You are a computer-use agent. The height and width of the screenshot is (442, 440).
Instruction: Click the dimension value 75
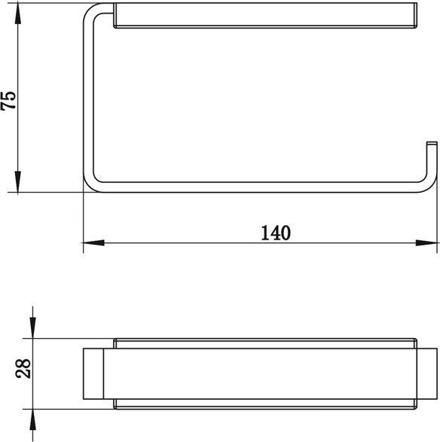click(8, 100)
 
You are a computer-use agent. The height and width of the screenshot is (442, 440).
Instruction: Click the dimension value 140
click(276, 233)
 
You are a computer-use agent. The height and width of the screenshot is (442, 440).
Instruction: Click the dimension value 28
click(23, 368)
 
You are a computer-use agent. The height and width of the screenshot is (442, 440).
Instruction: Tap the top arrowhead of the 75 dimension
click(18, 14)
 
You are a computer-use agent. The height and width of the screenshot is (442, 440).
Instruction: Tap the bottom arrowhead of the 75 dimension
click(18, 181)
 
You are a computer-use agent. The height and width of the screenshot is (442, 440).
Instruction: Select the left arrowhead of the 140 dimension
click(93, 242)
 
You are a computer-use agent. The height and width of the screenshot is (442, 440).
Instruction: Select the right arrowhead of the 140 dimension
click(426, 242)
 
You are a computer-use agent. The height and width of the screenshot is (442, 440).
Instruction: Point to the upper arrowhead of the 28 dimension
click(33, 328)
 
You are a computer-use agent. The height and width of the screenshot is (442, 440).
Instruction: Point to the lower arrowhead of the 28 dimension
click(33, 419)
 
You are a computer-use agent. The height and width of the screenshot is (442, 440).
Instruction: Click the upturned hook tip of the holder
click(432, 144)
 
